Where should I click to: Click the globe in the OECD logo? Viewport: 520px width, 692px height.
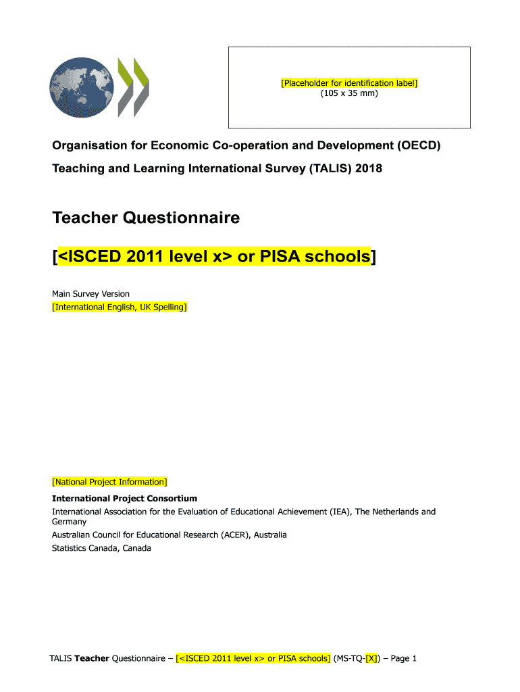pyautogui.click(x=82, y=86)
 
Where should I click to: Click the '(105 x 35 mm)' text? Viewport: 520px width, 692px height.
pyautogui.click(x=349, y=93)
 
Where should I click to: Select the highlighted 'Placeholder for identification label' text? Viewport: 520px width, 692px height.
pyautogui.click(x=349, y=83)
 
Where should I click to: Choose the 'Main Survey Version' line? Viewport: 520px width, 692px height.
pyautogui.click(x=90, y=294)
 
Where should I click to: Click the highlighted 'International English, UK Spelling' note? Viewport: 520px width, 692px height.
pyautogui.click(x=120, y=307)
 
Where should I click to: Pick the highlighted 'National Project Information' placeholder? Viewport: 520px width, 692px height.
pyautogui.click(x=109, y=482)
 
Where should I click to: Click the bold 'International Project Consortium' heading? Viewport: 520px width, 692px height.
pyautogui.click(x=124, y=499)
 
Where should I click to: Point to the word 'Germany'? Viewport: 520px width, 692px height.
pyautogui.click(x=70, y=522)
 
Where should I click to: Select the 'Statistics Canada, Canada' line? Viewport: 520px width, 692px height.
pyautogui.click(x=101, y=548)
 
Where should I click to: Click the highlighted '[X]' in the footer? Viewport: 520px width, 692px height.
pyautogui.click(x=371, y=658)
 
